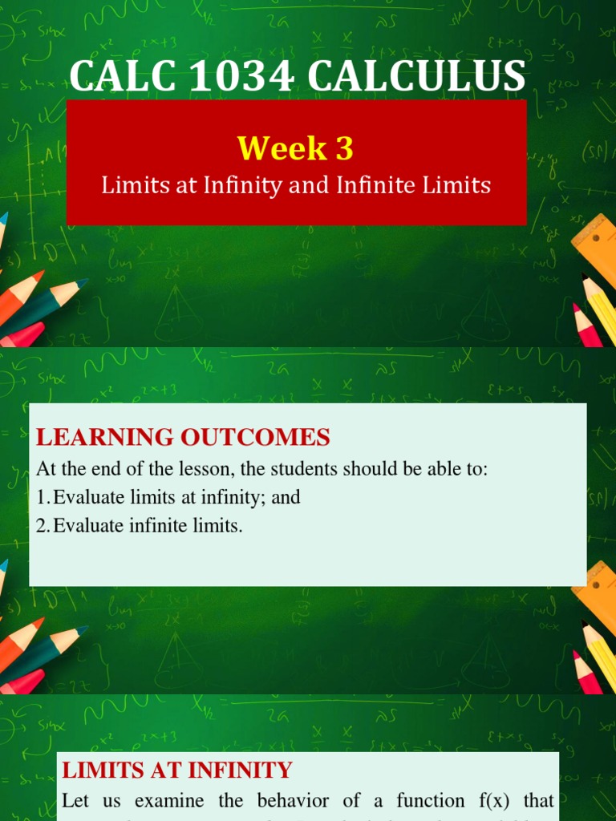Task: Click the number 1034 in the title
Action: (230, 77)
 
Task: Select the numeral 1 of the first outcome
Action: (41, 498)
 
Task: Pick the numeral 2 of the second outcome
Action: (41, 527)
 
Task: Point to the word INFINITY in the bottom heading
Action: (241, 771)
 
